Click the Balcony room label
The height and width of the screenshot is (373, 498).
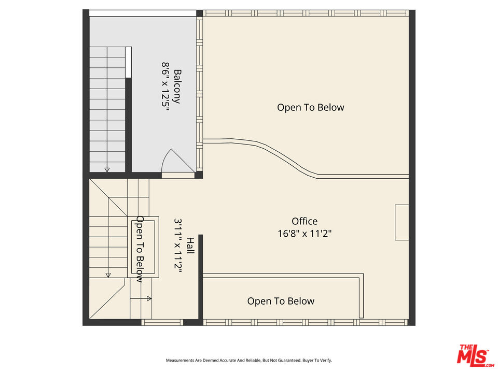177,87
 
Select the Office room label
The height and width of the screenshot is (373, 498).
305,221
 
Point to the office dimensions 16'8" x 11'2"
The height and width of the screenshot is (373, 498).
305,234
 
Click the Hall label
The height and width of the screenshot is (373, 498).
190,246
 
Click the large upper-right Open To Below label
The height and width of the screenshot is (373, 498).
310,107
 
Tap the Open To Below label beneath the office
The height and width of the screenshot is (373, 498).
281,301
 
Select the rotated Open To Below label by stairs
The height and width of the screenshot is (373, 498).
140,249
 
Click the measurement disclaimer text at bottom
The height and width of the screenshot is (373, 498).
248,360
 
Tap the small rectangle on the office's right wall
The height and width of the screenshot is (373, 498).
402,222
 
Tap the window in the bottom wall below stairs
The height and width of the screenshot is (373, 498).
162,322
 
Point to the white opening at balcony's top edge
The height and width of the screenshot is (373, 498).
143,13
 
